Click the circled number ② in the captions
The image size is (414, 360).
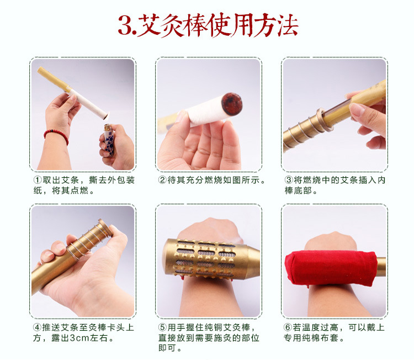coord(162,181)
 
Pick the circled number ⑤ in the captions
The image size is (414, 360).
coord(162,328)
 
